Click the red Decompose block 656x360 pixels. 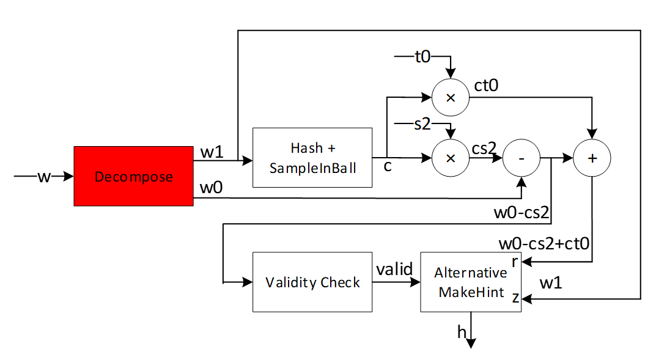[x=133, y=177]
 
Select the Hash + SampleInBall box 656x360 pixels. [x=312, y=157]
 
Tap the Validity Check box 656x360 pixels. [x=312, y=282]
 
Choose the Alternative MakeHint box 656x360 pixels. [x=470, y=282]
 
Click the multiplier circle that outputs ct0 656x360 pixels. [x=451, y=97]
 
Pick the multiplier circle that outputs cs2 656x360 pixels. [x=451, y=158]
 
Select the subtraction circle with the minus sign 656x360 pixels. [x=521, y=158]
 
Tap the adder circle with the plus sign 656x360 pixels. [x=592, y=158]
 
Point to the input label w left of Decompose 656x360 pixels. [x=43, y=177]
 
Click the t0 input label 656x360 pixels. [x=422, y=57]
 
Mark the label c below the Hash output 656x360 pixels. [x=387, y=166]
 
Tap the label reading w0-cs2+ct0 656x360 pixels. [x=544, y=244]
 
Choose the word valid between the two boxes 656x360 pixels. [x=394, y=270]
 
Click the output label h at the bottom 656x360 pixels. [x=462, y=332]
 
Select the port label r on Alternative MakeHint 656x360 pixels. [x=515, y=262]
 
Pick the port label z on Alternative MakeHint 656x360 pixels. [x=515, y=298]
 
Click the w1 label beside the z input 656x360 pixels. [x=552, y=283]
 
